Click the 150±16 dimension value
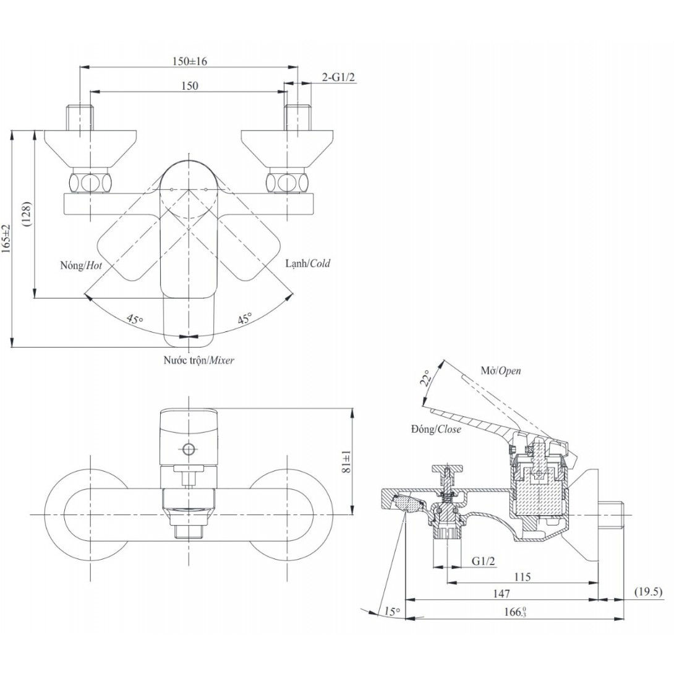point(190,61)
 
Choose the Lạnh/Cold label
point(307,263)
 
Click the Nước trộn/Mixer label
point(198,360)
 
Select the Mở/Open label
point(500,371)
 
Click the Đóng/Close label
point(435,429)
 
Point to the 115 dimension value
point(523,577)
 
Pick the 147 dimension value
point(501,594)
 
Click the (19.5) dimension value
point(649,592)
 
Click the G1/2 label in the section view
point(484,561)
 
